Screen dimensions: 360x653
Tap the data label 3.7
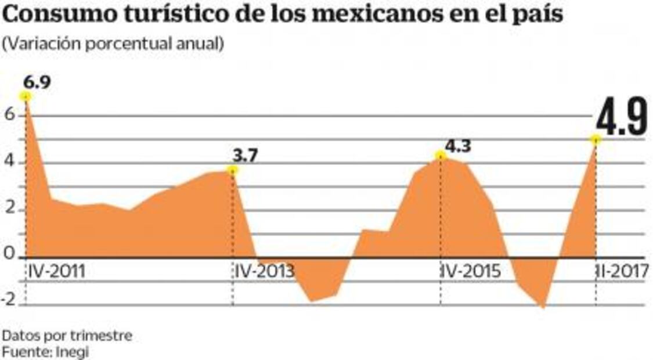(x=245, y=156)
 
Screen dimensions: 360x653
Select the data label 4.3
(x=457, y=145)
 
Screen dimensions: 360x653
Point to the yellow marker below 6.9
(x=26, y=96)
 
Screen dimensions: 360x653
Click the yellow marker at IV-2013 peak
(x=233, y=170)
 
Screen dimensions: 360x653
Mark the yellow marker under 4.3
(x=441, y=155)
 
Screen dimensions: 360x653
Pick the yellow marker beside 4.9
(x=596, y=139)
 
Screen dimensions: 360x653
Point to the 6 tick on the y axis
(x=8, y=115)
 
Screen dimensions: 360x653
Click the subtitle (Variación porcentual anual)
(x=113, y=45)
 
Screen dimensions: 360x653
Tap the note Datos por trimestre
(x=67, y=336)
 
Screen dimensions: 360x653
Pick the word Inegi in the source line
(x=73, y=352)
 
